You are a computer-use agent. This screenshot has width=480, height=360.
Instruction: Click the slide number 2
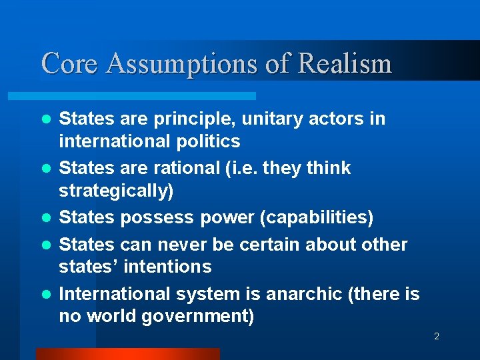(x=437, y=337)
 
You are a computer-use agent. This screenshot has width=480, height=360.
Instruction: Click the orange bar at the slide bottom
(x=127, y=354)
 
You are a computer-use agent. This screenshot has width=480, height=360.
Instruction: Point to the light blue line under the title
(x=147, y=96)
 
